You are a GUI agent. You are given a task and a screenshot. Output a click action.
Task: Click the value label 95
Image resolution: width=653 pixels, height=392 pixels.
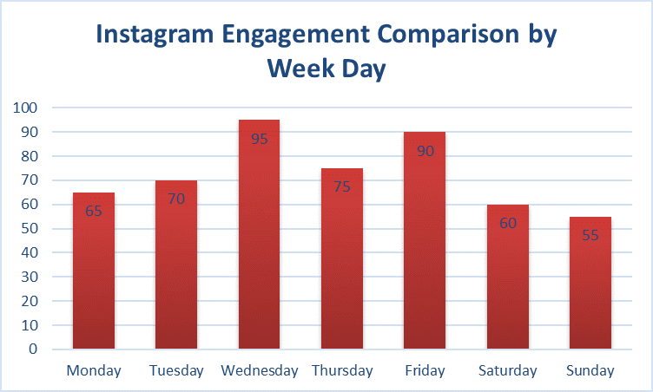coord(259,138)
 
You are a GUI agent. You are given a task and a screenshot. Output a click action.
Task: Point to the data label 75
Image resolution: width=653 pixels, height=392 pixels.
coord(341,186)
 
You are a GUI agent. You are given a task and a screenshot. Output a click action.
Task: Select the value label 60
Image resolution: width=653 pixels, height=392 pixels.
coord(507,223)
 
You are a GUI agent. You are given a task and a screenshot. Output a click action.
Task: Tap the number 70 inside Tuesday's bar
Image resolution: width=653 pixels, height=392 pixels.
coord(176,199)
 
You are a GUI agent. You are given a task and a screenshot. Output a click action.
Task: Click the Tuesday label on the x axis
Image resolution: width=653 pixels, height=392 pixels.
coord(176,371)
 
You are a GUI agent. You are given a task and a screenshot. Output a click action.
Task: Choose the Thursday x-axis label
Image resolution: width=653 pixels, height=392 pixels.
coord(341,371)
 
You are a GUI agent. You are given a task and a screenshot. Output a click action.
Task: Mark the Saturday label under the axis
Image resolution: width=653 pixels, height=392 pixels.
coord(507,371)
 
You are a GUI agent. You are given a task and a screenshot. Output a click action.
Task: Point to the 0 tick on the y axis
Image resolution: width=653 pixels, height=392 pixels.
coord(32,350)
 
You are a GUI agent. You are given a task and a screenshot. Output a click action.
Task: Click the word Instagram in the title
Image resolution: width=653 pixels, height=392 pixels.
coord(157,36)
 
